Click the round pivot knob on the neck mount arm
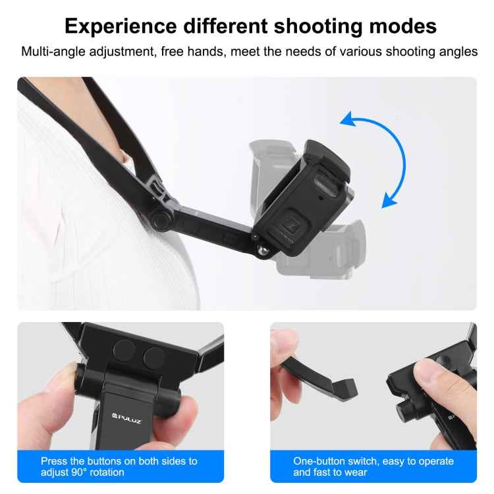point(159,221)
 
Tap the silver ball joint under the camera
point(261,248)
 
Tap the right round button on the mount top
point(153,358)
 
